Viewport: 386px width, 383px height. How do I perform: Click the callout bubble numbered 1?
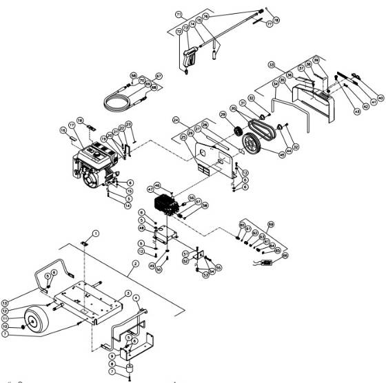[96, 234]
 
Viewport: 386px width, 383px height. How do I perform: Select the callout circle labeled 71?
[178, 14]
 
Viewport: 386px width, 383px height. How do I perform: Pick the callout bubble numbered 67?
[158, 75]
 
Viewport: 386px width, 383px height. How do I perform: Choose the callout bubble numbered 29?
[223, 114]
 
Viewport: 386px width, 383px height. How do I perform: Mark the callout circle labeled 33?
[272, 65]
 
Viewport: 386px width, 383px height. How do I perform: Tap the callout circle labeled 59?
[271, 224]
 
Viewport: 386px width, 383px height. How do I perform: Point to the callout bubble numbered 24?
[176, 120]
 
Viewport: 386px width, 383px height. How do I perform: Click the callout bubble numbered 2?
[136, 263]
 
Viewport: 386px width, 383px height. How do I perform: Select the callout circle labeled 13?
[5, 302]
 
